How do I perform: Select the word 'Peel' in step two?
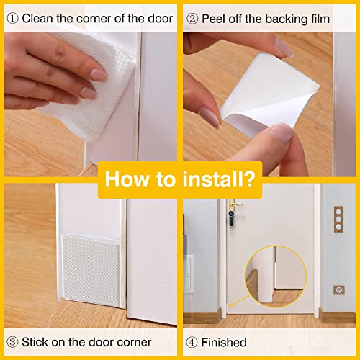tap(215, 17)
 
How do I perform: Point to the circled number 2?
tap(192, 17)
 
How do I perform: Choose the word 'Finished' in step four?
tap(223, 342)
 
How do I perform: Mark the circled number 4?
tap(192, 342)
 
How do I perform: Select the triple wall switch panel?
tap(338, 220)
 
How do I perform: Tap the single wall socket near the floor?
tap(338, 289)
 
